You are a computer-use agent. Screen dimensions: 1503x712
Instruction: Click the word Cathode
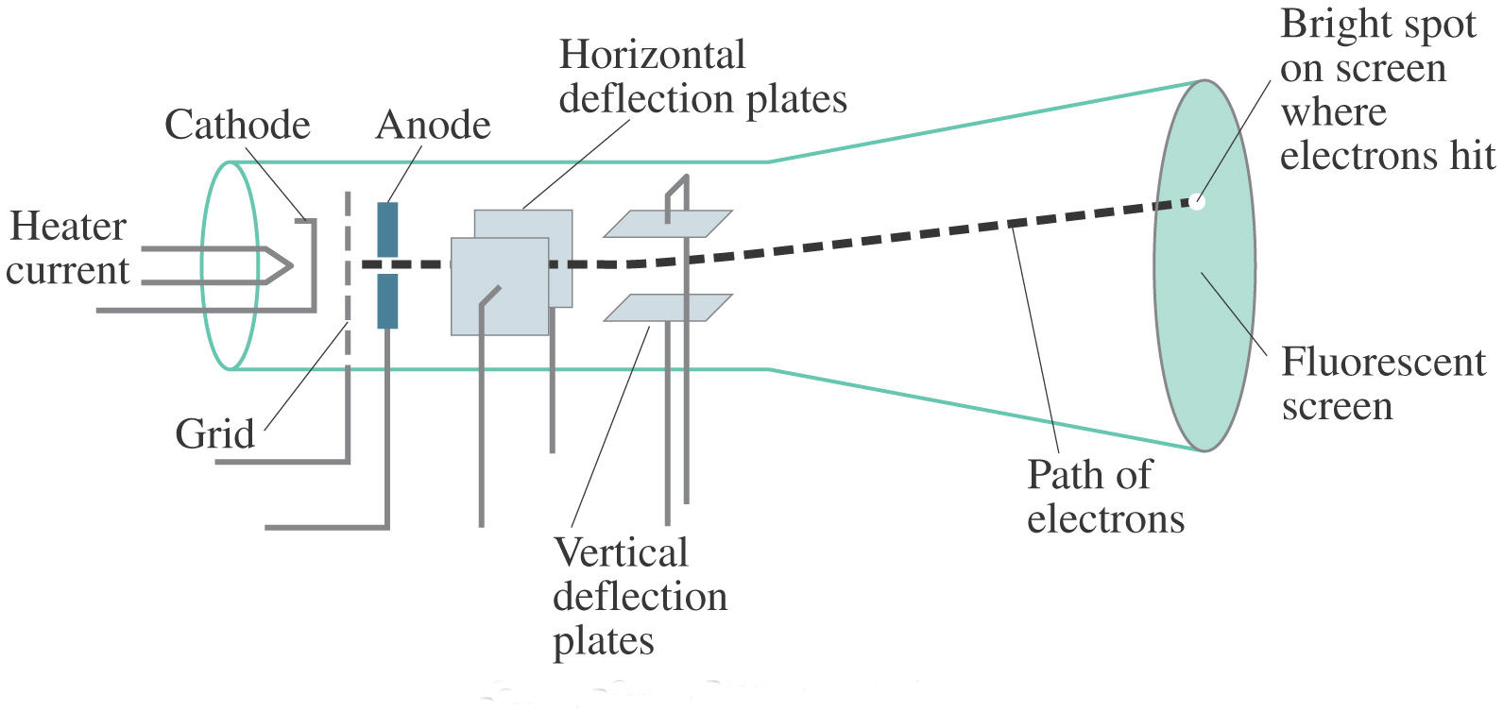coord(237,125)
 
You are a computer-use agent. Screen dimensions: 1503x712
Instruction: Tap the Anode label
coord(433,125)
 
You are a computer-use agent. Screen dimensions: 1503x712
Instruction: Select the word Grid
coord(214,433)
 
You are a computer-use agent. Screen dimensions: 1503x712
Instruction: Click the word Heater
coord(68,226)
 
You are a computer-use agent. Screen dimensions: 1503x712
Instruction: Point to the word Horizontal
coord(652,55)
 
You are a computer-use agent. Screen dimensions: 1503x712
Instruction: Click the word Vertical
coord(621,552)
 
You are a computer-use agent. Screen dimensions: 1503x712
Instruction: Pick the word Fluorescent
coord(1384,363)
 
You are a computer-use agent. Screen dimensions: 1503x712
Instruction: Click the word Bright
coord(1378,25)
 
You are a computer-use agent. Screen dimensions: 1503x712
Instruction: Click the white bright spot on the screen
coord(1197,201)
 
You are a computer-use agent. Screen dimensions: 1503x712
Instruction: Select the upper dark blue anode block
coord(387,230)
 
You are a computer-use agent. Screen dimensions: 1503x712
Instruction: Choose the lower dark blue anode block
coord(387,301)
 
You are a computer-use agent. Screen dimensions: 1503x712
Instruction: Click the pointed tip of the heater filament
coord(292,265)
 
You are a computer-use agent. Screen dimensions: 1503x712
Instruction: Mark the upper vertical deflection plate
coord(668,224)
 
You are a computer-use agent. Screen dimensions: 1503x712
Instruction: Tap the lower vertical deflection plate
coord(668,308)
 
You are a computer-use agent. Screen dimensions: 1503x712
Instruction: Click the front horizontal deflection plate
coord(500,286)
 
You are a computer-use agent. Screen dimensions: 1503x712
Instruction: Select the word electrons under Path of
coord(1106,519)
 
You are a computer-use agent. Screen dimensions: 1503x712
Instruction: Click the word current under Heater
coord(67,272)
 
